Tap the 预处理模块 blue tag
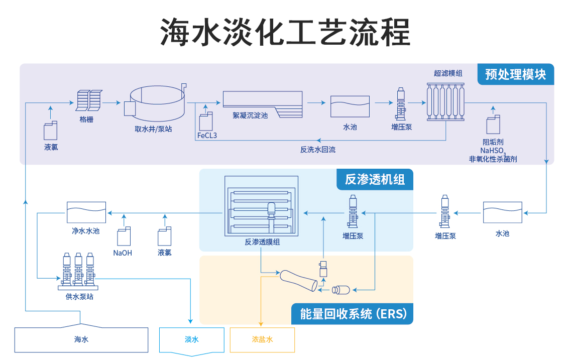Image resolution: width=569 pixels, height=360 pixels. tap(515, 74)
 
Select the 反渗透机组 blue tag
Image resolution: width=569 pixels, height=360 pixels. tap(375, 179)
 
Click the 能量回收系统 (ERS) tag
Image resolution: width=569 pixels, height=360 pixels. tap(353, 314)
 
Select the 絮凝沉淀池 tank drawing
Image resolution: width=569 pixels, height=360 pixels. tap(263, 102)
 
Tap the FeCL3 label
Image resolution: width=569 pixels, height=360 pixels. tap(207, 136)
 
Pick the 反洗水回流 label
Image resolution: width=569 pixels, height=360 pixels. tap(317, 149)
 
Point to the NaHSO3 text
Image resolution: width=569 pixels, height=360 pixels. tap(493, 150)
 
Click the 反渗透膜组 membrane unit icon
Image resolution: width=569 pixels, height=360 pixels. tap(261, 205)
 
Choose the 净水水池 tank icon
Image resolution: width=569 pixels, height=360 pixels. tap(86, 212)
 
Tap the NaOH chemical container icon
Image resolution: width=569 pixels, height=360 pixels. tap(124, 237)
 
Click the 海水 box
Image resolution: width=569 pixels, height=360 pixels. tap(81, 339)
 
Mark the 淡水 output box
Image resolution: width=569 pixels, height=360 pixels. tap(191, 340)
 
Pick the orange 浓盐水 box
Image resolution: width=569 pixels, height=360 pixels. tap(262, 340)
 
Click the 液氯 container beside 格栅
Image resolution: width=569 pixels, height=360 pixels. tap(51, 131)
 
